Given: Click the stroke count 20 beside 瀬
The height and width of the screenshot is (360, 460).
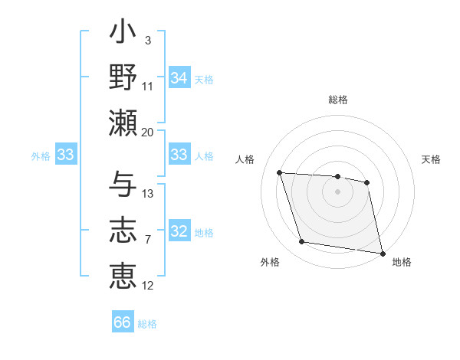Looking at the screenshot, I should click(147, 132).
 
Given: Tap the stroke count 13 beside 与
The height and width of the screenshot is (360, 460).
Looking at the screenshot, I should click(148, 194).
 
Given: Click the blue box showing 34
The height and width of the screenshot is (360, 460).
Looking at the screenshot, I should click(179, 77).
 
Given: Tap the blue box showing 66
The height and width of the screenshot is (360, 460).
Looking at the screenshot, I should click(123, 322).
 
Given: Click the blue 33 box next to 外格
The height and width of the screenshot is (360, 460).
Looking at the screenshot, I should click(65, 155).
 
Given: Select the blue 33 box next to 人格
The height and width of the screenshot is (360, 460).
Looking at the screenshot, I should click(179, 155).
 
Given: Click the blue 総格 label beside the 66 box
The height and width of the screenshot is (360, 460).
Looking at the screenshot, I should click(147, 324).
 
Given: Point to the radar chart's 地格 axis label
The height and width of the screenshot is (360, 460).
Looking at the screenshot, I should click(402, 262).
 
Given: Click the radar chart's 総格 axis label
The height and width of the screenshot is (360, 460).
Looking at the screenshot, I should click(338, 100).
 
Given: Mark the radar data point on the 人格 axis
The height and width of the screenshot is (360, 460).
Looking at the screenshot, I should click(280, 172).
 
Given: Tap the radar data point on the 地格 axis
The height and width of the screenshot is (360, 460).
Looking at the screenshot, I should click(381, 253).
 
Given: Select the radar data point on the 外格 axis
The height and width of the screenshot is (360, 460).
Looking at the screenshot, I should click(302, 242).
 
